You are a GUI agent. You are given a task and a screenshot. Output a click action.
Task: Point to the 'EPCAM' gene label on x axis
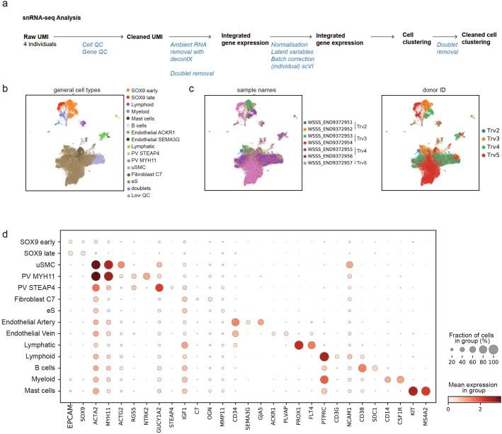tap(69, 408)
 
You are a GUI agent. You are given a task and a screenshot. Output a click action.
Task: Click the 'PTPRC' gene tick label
tap(324, 408)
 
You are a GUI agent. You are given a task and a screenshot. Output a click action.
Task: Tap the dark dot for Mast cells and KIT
tap(411, 390)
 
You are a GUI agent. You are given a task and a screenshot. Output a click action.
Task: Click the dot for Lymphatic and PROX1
tap(297, 345)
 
